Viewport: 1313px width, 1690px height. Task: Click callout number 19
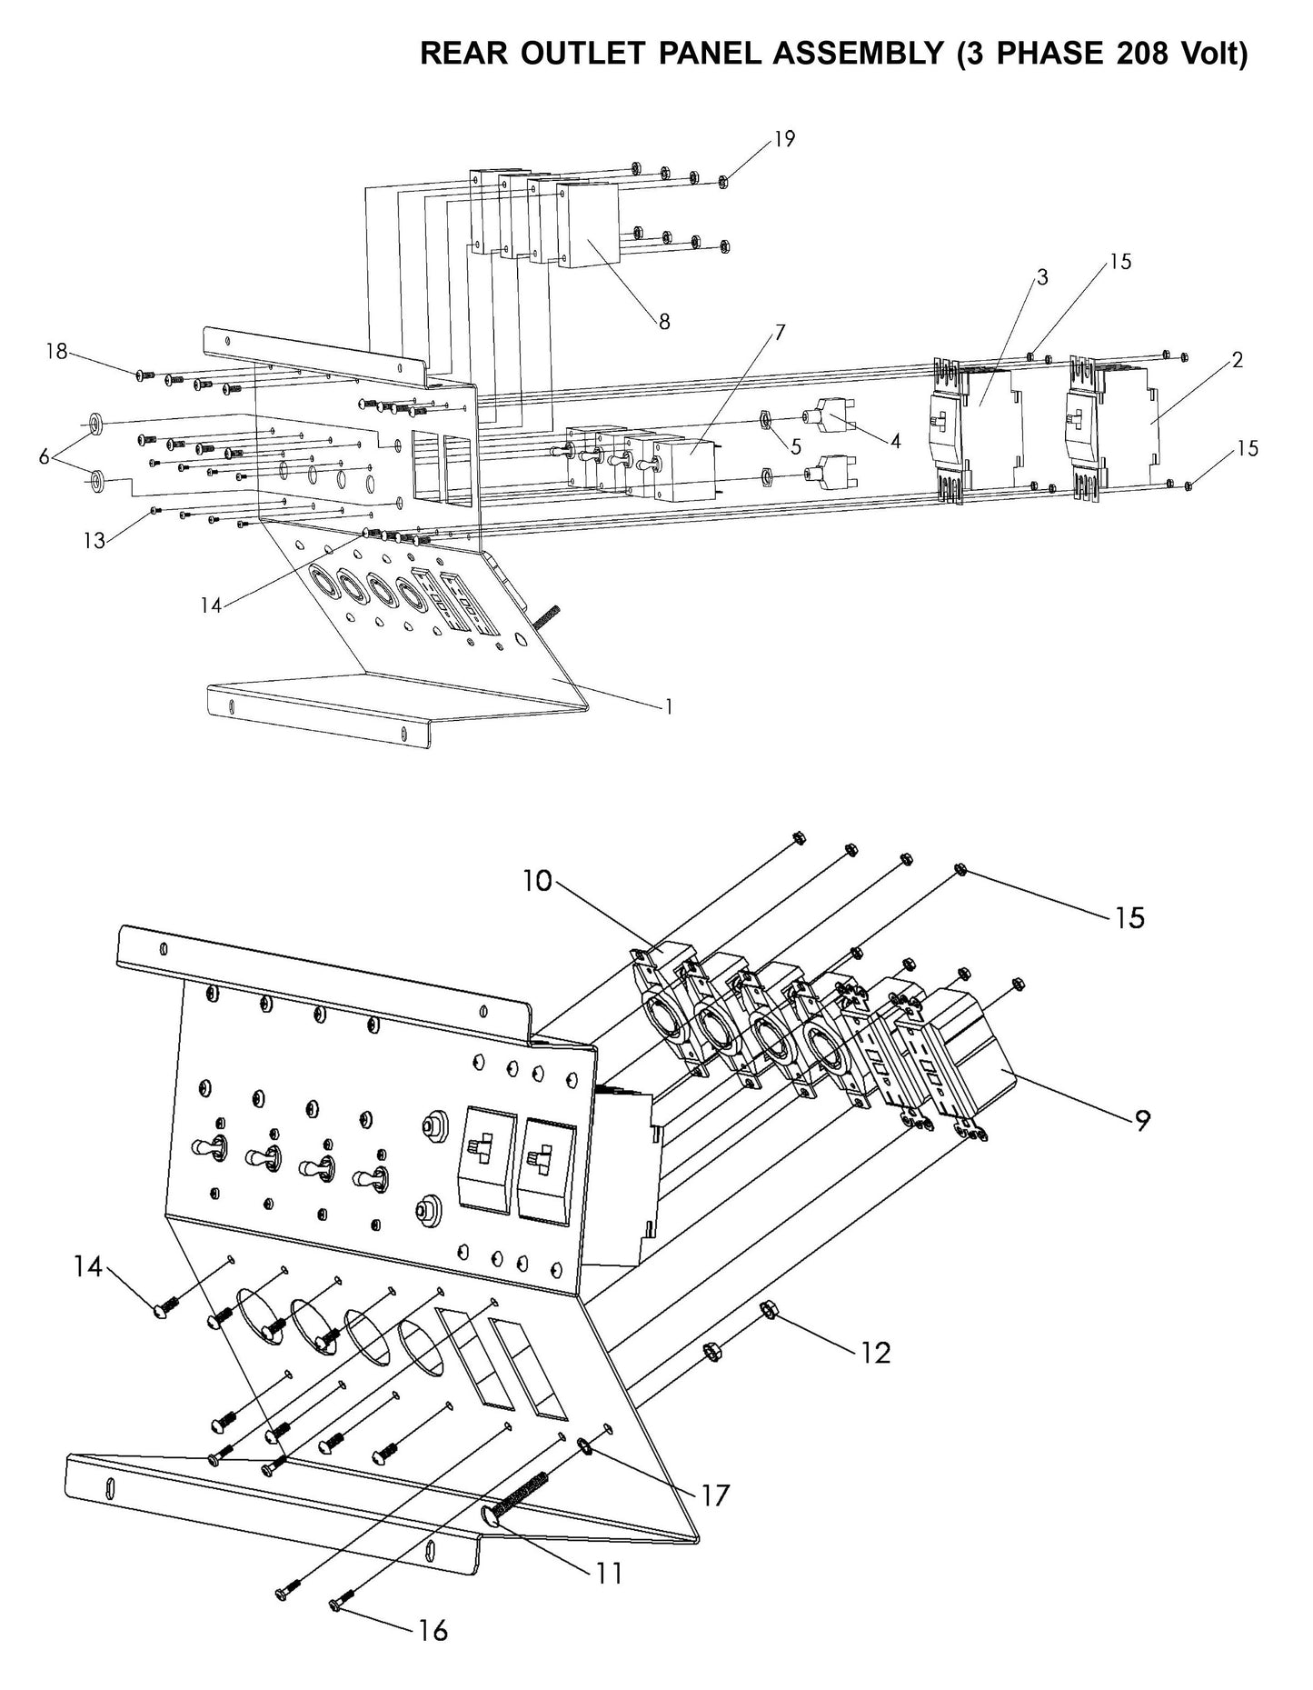click(x=784, y=139)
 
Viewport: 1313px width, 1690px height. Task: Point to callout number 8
click(x=664, y=321)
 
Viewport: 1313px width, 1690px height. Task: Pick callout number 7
click(x=779, y=332)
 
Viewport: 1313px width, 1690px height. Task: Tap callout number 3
click(x=1042, y=277)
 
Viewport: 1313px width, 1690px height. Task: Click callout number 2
click(x=1238, y=360)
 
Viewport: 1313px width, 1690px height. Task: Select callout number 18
click(x=56, y=351)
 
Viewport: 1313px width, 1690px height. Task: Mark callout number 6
click(x=44, y=456)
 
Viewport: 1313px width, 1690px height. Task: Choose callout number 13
click(x=94, y=540)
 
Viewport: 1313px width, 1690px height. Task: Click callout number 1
click(x=669, y=705)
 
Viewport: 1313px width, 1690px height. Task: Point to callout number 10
click(x=537, y=880)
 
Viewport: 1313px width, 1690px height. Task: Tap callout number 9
click(x=1142, y=1121)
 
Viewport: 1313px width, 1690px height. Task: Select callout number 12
click(x=875, y=1353)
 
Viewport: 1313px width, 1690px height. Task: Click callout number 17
click(x=715, y=1495)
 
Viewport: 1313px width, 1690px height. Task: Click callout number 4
click(x=895, y=441)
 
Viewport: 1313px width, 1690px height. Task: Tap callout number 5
click(x=796, y=446)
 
